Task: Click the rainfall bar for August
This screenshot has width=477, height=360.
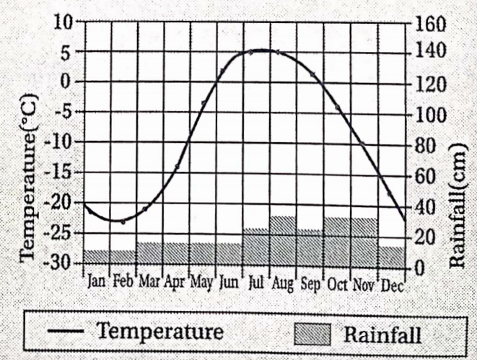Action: coord(283,242)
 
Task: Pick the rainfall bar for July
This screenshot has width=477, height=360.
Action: coord(256,247)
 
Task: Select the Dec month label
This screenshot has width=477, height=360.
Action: coord(391,283)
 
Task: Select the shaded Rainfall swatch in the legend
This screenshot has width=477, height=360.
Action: coord(312,333)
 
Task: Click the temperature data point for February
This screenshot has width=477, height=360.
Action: coord(123,221)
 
